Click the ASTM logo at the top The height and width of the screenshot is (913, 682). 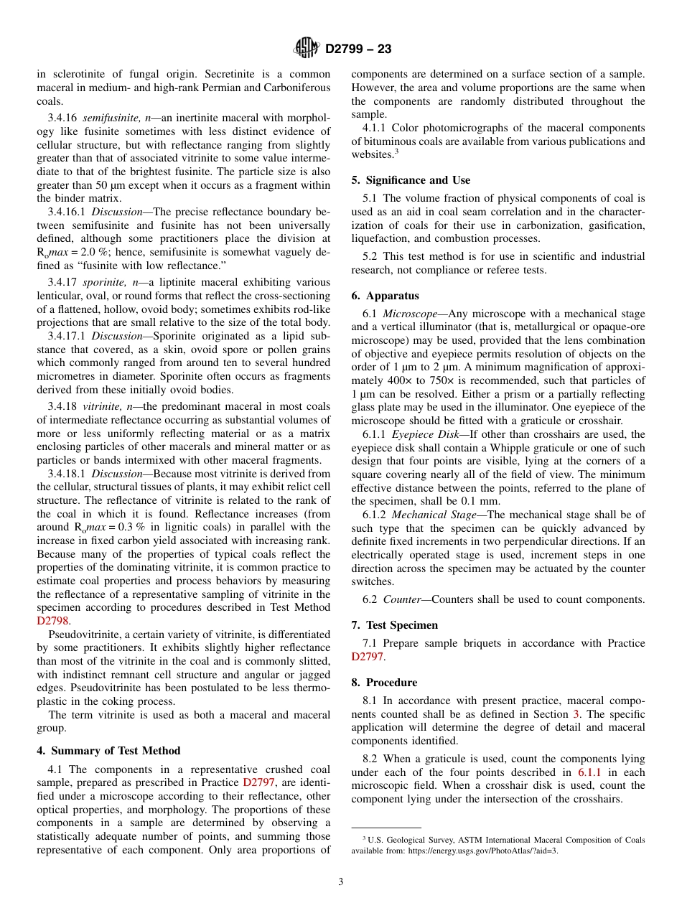(307, 49)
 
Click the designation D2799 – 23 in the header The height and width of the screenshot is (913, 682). (358, 50)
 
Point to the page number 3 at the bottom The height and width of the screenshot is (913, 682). (341, 881)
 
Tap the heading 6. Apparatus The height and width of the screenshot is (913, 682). (385, 296)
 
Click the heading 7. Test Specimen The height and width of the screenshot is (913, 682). (394, 625)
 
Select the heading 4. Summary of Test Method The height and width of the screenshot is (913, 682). (108, 751)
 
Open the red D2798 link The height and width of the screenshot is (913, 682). (54, 622)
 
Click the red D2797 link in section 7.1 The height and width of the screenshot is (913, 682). (368, 657)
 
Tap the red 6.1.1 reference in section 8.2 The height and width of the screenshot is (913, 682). (589, 772)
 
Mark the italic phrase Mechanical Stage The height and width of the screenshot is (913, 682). (434, 515)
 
